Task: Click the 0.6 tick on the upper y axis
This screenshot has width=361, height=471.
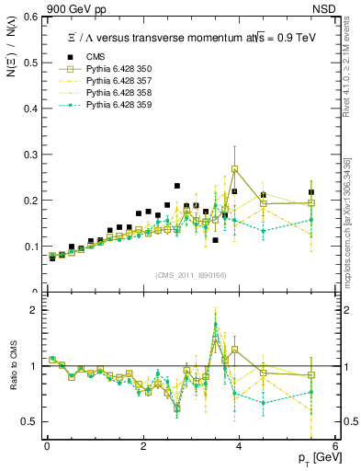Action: pos(31,17)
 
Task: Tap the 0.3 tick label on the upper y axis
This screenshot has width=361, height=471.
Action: pos(31,155)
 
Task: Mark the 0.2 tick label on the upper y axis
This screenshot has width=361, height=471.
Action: pos(31,201)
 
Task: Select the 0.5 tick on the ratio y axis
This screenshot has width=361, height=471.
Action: pos(31,421)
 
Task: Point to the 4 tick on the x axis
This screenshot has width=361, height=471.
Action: pos(239,446)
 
